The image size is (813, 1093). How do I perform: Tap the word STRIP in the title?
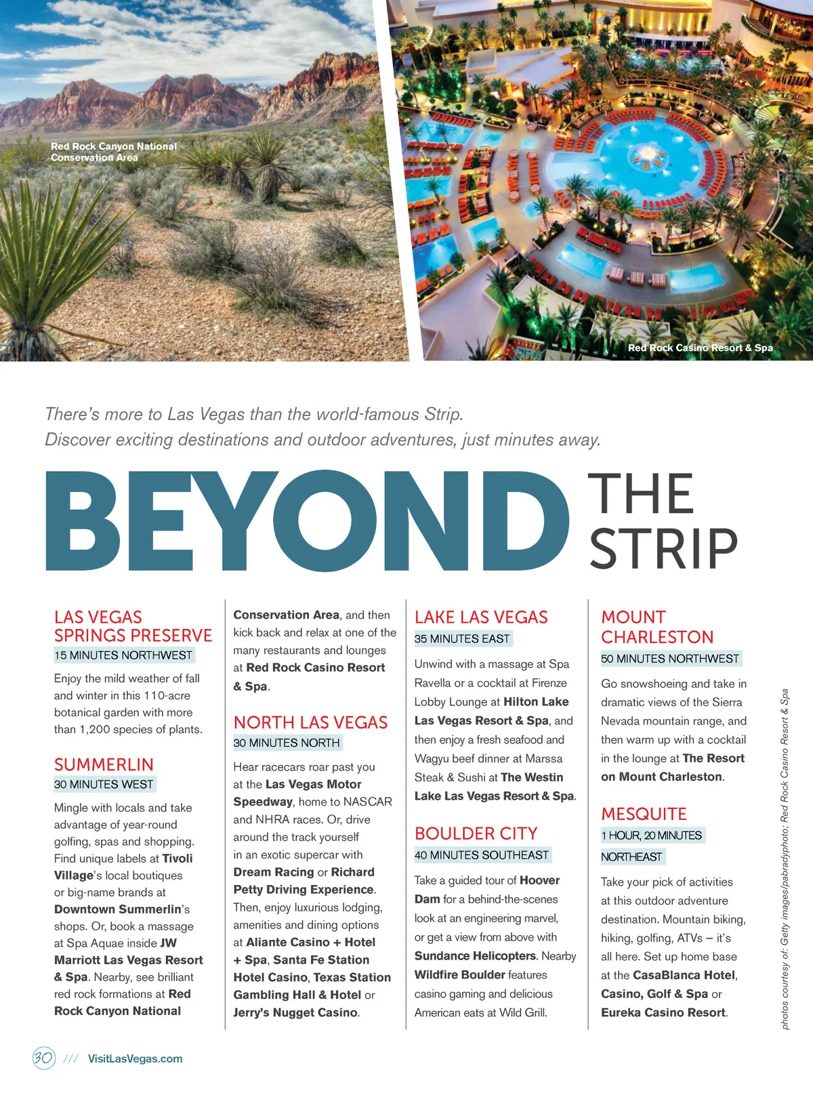pos(663,549)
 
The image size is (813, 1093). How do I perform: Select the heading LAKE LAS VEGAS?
pos(481,617)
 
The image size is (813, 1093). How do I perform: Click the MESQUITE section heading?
pos(644,814)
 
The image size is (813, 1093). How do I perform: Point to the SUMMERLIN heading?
pos(104,764)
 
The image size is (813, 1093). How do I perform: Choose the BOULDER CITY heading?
pos(476,833)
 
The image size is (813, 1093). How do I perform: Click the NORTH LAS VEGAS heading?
pos(310,722)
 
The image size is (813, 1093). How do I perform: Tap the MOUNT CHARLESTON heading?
pos(656,627)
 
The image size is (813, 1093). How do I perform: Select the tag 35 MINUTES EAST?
pos(462,638)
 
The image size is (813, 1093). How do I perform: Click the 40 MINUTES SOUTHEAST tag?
pos(482,855)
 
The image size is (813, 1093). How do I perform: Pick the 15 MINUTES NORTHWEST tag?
pos(123,655)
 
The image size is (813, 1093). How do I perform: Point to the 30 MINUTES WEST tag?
pos(104,784)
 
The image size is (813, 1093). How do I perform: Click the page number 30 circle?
pos(43,1058)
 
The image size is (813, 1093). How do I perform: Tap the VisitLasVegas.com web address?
pos(135,1058)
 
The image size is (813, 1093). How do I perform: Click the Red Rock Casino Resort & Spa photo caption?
pos(700,348)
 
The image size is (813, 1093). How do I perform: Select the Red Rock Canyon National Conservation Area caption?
pos(113,152)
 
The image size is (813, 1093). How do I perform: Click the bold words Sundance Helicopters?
pos(475,955)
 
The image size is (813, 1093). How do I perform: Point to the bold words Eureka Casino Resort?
pos(663,1012)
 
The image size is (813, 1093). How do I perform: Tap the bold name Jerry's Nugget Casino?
pos(295,1012)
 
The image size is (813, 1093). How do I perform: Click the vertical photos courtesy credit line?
pos(785,859)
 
